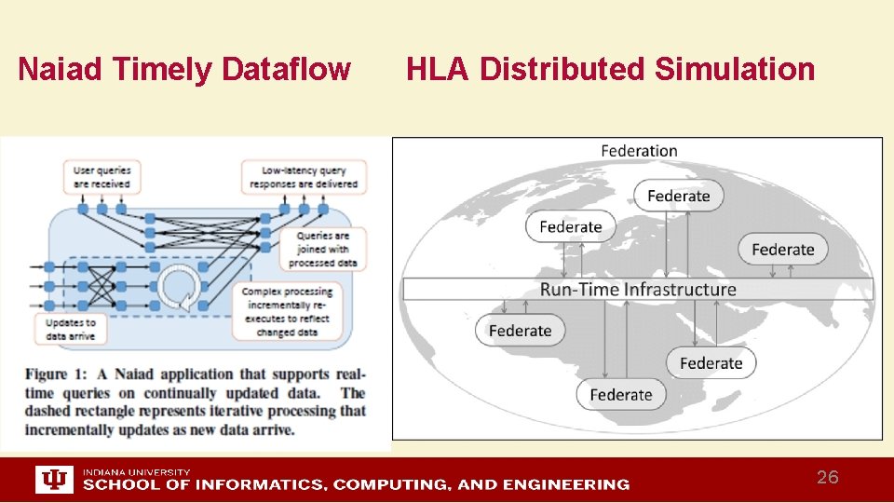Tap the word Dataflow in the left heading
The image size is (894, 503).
288,69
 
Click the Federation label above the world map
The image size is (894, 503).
639,151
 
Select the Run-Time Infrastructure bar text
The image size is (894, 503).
638,290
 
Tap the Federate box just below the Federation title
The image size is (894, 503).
678,196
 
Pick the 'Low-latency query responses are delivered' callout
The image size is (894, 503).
304,177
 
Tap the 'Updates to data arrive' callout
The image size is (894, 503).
70,329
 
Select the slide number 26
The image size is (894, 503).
827,478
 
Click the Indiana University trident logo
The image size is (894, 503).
55,480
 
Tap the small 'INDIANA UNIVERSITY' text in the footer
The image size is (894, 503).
136,471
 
